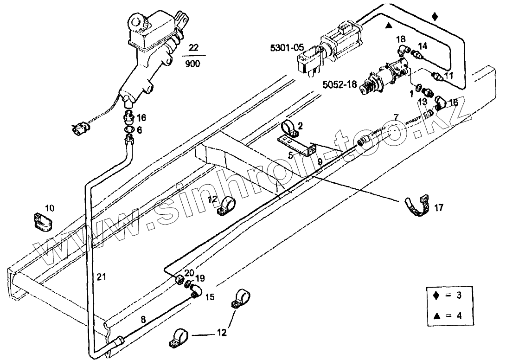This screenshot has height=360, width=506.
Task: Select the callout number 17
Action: coord(439,208)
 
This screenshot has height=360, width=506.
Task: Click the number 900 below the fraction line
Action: coord(193,64)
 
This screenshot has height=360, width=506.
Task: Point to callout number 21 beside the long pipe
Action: coord(102,277)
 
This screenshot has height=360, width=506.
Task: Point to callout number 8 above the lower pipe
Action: coord(143,319)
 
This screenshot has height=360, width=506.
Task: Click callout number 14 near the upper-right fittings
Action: coord(423,46)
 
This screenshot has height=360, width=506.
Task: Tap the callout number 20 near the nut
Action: coord(189,272)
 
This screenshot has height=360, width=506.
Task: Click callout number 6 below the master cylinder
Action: coord(140,130)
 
